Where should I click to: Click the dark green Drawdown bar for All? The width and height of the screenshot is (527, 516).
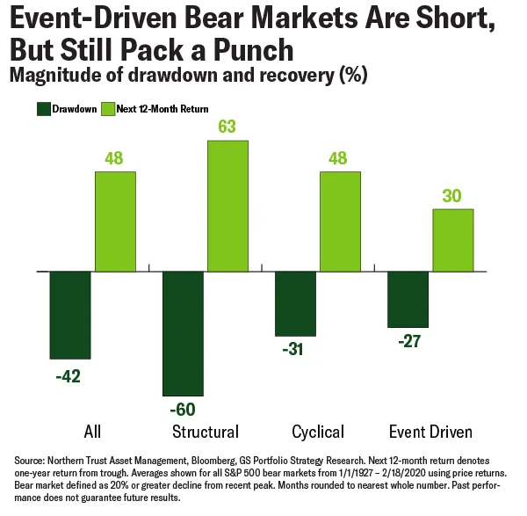pos(70,315)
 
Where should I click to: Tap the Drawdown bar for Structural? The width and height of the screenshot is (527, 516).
pos(184,333)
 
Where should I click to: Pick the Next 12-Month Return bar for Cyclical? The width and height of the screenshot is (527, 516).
pos(340,222)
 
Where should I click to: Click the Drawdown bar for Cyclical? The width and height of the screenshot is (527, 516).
pos(296,303)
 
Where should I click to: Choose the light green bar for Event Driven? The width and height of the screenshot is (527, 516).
pos(452,240)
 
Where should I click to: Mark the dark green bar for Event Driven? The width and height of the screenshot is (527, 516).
pos(408,299)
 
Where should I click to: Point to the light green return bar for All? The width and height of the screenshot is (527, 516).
pos(114,222)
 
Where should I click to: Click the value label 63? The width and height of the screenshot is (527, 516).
pos(227,127)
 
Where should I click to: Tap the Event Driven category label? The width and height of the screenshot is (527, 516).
pos(430,432)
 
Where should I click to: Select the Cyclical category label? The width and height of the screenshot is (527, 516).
pos(317,432)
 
